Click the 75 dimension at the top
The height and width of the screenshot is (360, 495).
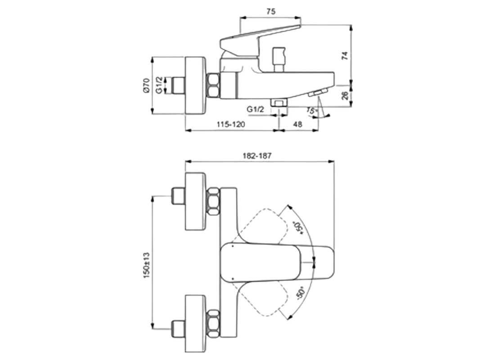[x=271, y=12]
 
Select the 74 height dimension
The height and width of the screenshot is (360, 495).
[x=344, y=56]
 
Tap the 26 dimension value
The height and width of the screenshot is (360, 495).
[x=344, y=95]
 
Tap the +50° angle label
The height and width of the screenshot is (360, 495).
[x=297, y=227]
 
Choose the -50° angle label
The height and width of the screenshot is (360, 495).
[x=301, y=294]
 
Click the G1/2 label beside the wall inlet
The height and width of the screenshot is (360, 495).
[x=159, y=85]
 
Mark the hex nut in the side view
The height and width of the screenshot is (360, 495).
[x=213, y=85]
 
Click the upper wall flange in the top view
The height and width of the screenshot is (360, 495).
[x=196, y=200]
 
